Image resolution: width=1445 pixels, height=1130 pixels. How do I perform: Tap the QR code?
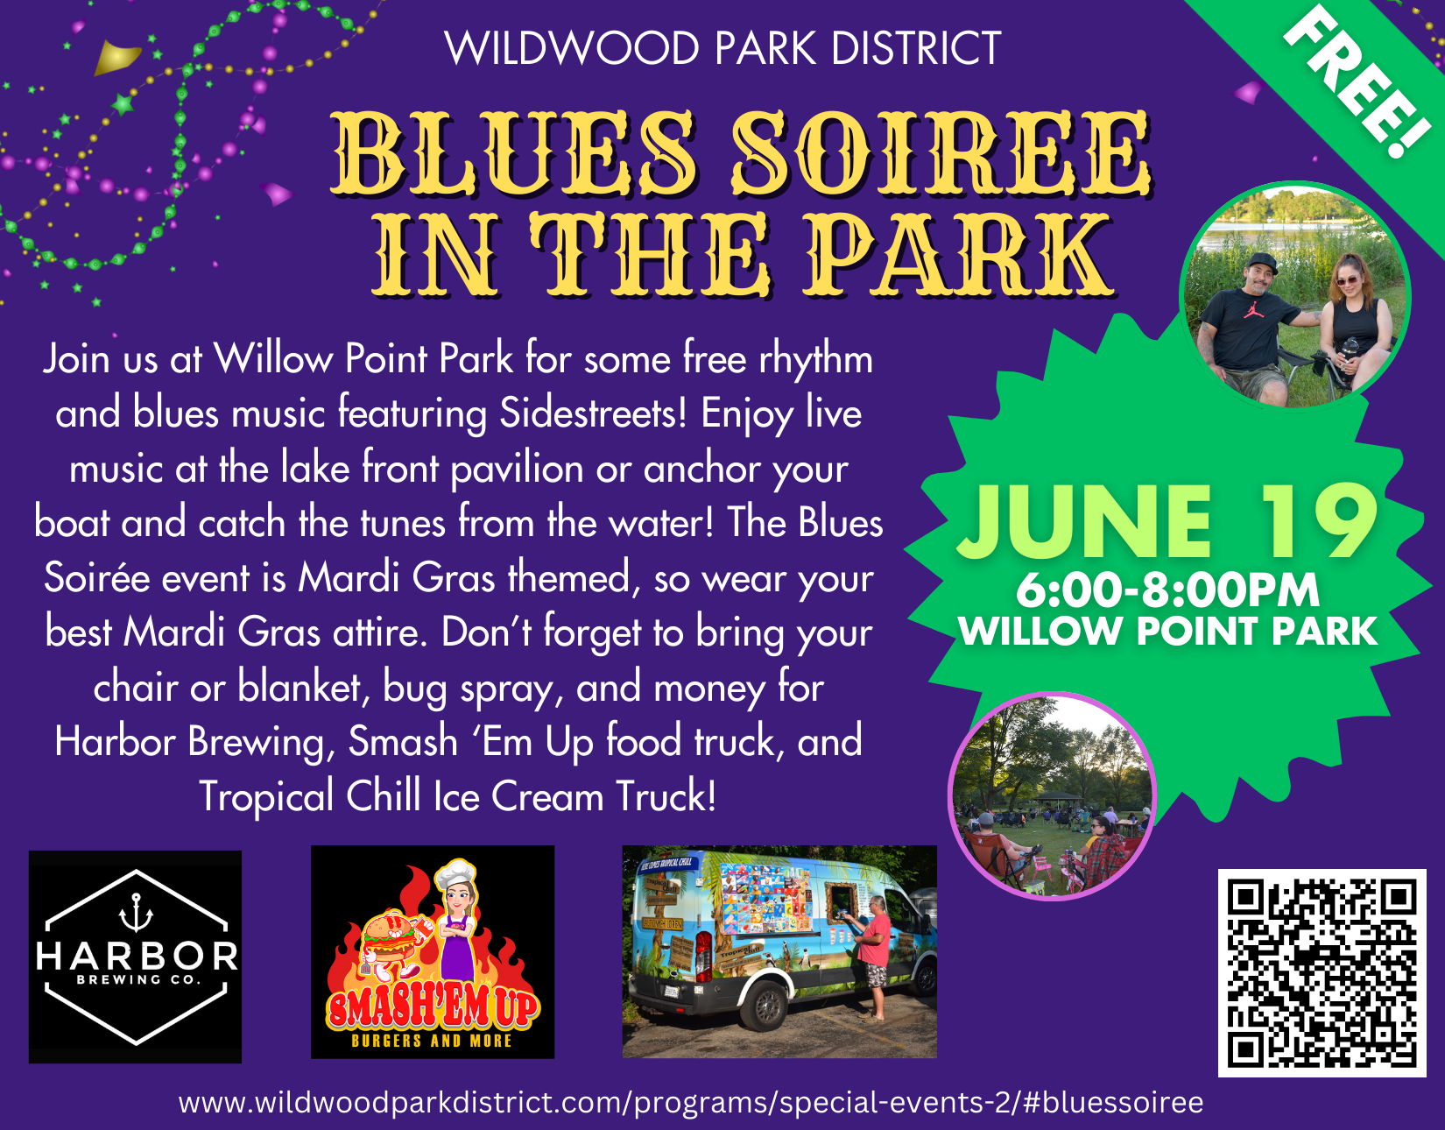pos(1322,972)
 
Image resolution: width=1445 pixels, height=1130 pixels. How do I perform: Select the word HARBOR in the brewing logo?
pos(137,956)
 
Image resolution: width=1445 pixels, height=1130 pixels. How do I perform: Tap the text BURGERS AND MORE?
pos(431,1041)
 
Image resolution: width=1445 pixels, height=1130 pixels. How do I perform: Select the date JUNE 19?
pos(1167,523)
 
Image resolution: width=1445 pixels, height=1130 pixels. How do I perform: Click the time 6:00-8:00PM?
pos(1167,590)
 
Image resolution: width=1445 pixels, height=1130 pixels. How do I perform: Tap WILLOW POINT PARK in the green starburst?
pos(1167,632)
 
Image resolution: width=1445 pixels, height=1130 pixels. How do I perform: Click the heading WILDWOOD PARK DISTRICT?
pos(722,48)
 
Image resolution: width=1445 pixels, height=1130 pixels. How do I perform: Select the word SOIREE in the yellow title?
pos(941,153)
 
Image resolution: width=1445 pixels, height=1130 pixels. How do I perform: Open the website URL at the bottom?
pos(690,1103)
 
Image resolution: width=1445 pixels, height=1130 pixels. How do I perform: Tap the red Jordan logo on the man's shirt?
pos(1253,309)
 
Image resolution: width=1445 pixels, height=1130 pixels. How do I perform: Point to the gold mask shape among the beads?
pos(117,58)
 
